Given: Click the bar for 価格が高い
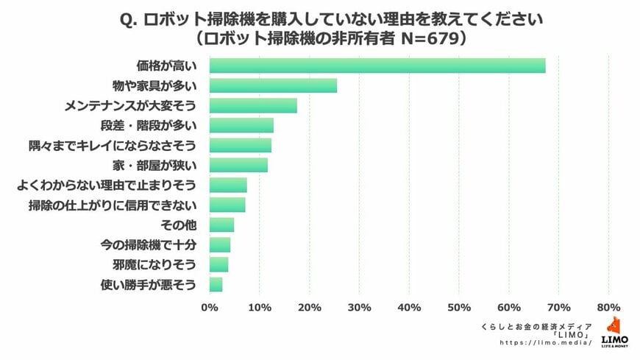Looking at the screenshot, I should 377,66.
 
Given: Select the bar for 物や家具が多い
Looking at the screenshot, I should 273,85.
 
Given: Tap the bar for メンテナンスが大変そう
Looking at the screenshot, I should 253,105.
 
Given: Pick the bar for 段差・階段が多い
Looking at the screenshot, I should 241,125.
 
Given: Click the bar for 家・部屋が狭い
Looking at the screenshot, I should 238,165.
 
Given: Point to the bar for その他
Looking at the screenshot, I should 221,225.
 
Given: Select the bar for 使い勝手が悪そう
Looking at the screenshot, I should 216,284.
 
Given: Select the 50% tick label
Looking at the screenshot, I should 459,306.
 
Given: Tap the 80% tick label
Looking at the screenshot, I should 609,306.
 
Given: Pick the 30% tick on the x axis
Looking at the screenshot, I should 359,306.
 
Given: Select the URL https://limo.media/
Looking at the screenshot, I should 546,342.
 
